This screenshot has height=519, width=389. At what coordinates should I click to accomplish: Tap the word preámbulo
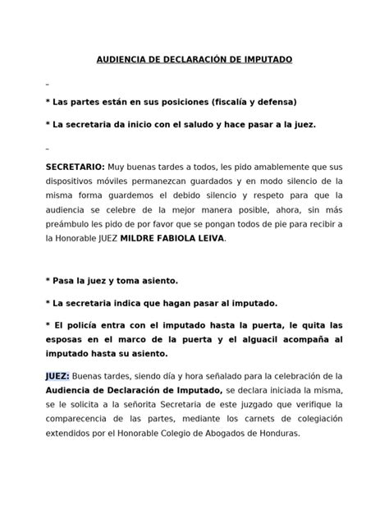[x=71, y=223]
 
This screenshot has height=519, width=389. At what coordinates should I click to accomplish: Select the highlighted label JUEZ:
[x=57, y=374]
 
